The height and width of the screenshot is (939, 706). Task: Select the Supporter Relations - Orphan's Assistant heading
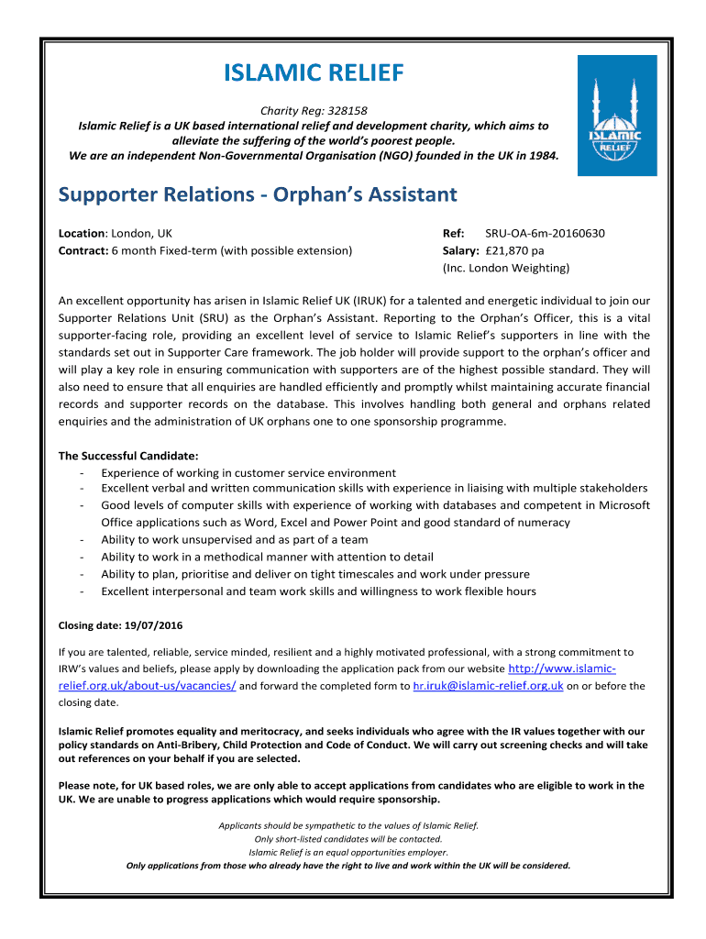pyautogui.click(x=258, y=194)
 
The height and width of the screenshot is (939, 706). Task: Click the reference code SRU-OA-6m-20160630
pyautogui.click(x=545, y=233)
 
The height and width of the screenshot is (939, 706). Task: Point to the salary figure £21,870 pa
pyautogui.click(x=521, y=250)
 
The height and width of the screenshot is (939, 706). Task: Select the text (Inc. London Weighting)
pyautogui.click(x=506, y=268)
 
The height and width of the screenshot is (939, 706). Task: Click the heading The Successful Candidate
pyautogui.click(x=129, y=456)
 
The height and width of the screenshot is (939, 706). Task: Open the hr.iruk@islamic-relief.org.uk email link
pyautogui.click(x=488, y=685)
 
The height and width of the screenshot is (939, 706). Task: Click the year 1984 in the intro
pyautogui.click(x=541, y=156)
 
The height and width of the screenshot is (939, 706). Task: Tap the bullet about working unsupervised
pyautogui.click(x=234, y=539)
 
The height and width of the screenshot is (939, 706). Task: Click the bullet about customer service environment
pyautogui.click(x=248, y=472)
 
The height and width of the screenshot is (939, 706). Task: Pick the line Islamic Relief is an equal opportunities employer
pyautogui.click(x=348, y=852)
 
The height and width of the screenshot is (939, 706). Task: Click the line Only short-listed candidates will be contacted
pyautogui.click(x=348, y=838)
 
